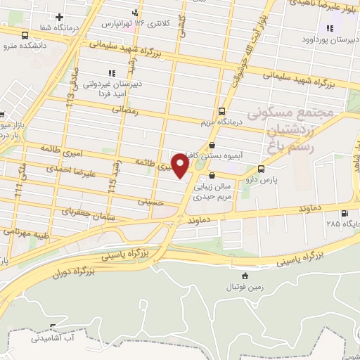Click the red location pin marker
pos(180,167)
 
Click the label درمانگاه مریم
pos(222,122)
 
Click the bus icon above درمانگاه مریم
pos(222,111)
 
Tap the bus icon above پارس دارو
pos(262,169)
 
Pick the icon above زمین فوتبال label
pos(245,276)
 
